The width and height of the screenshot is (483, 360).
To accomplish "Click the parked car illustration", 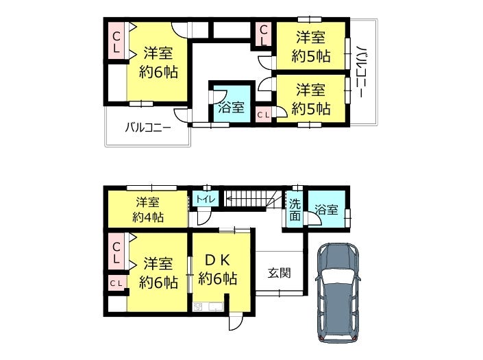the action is [x=338, y=293].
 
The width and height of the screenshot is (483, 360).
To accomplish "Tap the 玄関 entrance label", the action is [x=279, y=273].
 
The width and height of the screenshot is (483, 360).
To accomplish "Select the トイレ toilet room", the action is [x=206, y=198].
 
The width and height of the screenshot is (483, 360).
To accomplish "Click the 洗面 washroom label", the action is [x=295, y=210].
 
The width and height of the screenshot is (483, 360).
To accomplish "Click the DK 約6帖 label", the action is [x=217, y=269].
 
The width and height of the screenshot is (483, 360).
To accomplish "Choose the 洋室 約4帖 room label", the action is [x=148, y=210].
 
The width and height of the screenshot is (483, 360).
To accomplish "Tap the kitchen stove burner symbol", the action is [x=198, y=307].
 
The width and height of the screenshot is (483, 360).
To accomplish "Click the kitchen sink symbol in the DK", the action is [x=216, y=307].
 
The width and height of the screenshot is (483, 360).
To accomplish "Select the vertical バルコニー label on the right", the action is [x=361, y=72].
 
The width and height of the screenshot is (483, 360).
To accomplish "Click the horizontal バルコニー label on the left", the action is [x=148, y=127].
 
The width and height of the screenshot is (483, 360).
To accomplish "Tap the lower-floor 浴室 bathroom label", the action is [x=326, y=210].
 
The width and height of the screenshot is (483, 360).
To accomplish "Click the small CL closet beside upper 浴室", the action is [x=263, y=115].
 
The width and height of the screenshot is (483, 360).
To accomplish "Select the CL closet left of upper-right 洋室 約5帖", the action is [x=264, y=34].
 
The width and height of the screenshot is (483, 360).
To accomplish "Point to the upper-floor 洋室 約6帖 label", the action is [x=158, y=62].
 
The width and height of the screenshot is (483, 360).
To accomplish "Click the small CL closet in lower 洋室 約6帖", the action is [x=116, y=283].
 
